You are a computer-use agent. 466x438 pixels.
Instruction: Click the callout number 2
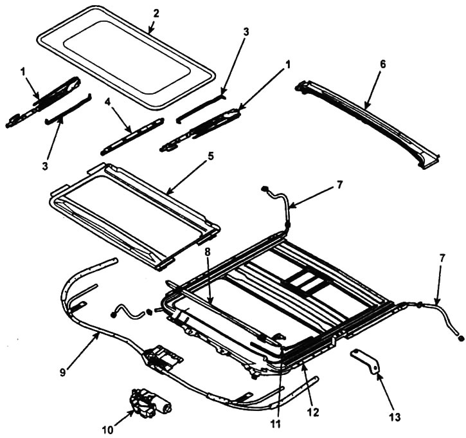coord(156,14)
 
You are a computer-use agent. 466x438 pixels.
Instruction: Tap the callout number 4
coord(107,102)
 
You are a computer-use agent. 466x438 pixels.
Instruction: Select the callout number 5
coord(211,157)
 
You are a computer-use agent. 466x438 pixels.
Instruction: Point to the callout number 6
coord(383,64)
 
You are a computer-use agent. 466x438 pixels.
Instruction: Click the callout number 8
coord(207,252)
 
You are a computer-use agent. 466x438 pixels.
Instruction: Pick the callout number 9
coord(63,372)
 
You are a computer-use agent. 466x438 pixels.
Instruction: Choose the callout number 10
coord(107,430)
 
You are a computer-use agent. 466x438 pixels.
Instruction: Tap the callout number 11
coord(276,424)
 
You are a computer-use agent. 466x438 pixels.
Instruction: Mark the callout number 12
coord(313,412)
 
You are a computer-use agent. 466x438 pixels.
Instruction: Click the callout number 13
coord(395,416)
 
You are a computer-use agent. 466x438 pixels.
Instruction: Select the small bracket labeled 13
coord(365,361)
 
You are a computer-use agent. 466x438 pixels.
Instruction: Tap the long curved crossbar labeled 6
coord(367,122)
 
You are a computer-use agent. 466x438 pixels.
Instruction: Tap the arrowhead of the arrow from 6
coord(366,107)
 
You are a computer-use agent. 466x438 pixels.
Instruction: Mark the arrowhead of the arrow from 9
coord(98,334)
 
